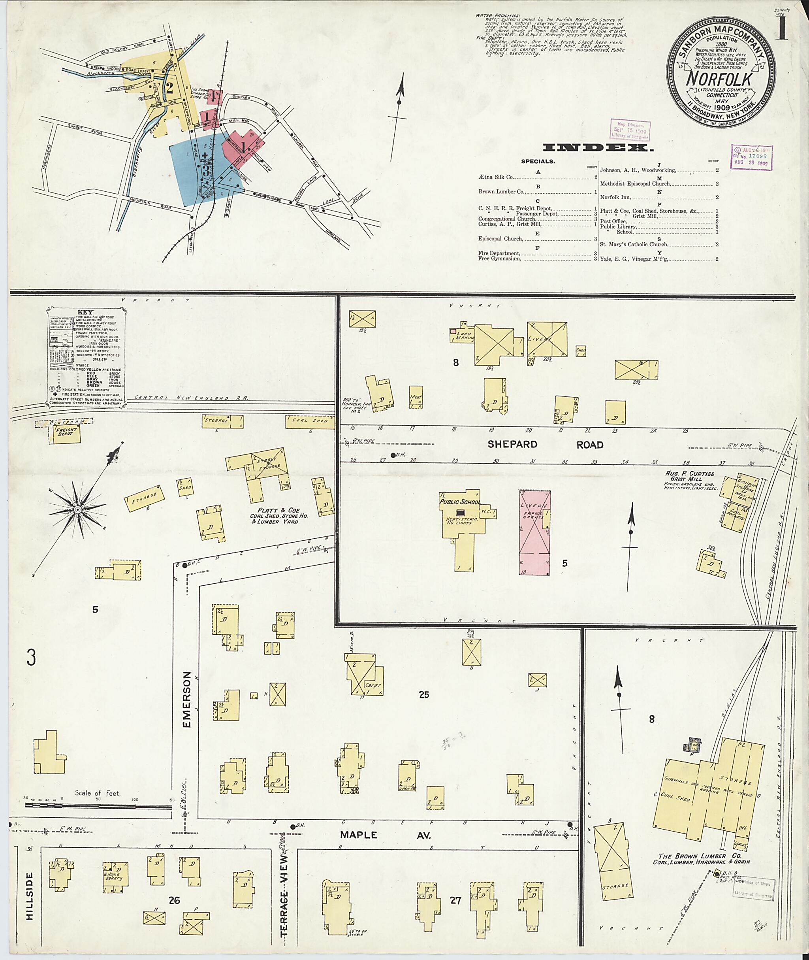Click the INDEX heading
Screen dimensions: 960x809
tap(598, 148)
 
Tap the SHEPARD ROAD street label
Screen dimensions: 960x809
tap(545, 445)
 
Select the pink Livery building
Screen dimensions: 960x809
tap(534, 532)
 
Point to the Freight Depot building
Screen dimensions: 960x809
tap(65, 433)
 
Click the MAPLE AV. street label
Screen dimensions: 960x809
tap(385, 835)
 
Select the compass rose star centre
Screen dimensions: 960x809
tap(78, 510)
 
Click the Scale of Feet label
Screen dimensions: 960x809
tap(97, 793)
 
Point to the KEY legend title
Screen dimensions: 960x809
tap(86, 312)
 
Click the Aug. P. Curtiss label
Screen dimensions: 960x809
tap(689, 473)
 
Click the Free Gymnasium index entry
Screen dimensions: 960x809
tap(499, 258)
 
